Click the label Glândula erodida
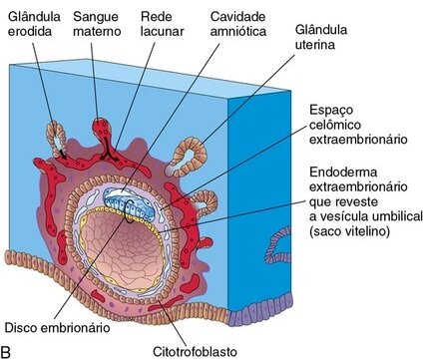[x=30, y=24]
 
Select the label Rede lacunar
[x=157, y=24]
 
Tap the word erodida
[x=30, y=32]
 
